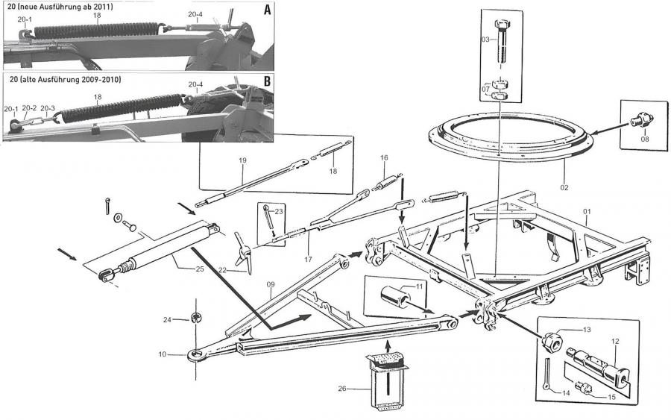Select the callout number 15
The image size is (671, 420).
(611, 397)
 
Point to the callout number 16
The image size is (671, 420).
(384, 158)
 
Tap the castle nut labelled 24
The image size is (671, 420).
(198, 319)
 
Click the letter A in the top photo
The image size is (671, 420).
(267, 11)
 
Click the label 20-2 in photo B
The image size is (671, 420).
(28, 108)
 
